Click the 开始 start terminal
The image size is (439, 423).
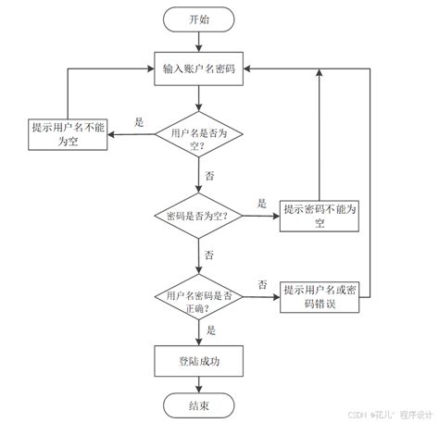[198, 19]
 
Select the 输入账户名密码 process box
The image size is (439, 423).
[198, 69]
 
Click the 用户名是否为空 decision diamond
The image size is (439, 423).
[198, 139]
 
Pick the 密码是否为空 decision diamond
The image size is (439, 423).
[198, 215]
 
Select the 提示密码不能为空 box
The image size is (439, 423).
[320, 216]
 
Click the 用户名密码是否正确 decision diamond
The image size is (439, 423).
[198, 300]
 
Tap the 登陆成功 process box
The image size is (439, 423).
[198, 362]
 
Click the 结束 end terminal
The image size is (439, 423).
[198, 405]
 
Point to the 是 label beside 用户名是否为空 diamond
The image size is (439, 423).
[140, 121]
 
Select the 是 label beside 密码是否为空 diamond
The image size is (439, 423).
[262, 203]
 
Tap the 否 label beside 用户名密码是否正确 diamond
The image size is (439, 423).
[263, 284]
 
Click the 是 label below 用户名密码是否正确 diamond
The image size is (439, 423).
[211, 330]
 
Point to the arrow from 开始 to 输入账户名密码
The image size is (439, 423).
[198, 43]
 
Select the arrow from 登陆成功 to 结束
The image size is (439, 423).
[198, 384]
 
